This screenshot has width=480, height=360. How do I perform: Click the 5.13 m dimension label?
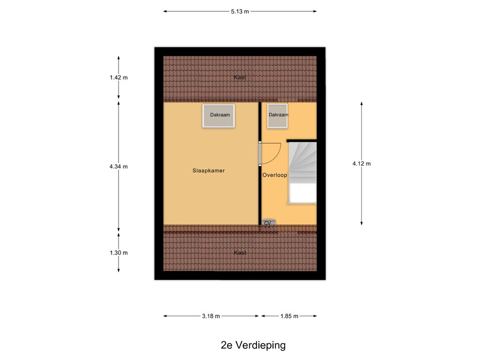coord(240,12)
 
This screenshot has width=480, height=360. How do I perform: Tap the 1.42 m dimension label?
coord(119,78)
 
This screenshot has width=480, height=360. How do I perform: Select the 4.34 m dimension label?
coord(119,166)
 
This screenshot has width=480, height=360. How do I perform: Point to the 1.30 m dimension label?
coord(119,253)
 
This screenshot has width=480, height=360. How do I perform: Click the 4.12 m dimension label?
coord(361,164)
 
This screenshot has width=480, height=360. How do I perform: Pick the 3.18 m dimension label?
coord(211,316)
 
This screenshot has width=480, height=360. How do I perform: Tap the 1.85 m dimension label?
coord(289,316)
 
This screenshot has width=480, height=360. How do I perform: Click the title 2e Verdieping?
coord(253,345)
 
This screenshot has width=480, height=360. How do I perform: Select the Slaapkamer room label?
coord(209,171)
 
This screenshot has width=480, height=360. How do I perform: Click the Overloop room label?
coord(275,175)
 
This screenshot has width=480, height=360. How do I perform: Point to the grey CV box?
coord(268,223)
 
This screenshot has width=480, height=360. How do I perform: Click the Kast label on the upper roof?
coord(240,78)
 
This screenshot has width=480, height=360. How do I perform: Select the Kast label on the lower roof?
coord(240,253)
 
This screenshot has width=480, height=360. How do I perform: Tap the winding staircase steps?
coord(302,162)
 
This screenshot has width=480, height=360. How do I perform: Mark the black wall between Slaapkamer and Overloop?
coord(260,187)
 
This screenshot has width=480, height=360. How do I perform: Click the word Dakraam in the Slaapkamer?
coord(219,114)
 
